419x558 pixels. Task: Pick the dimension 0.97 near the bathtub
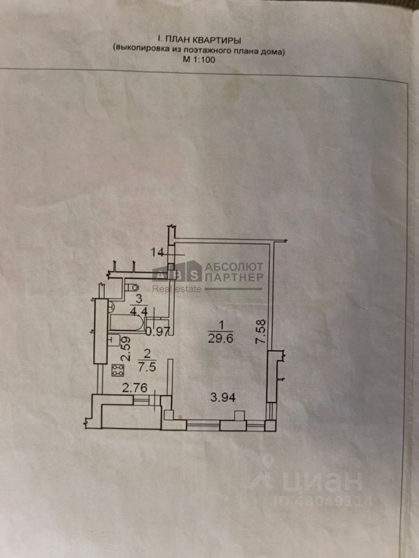[157, 332]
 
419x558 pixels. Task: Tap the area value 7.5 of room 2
[132, 367]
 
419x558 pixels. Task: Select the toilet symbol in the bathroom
[132, 285]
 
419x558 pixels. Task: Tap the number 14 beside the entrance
[156, 252]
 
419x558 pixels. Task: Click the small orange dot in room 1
[181, 416]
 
